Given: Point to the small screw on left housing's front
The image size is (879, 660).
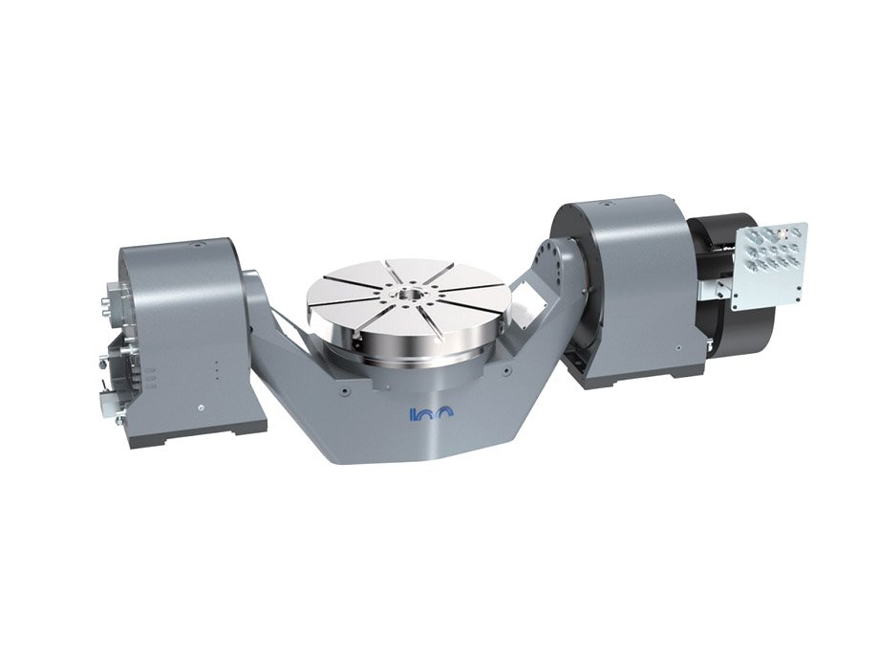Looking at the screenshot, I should point(201,408).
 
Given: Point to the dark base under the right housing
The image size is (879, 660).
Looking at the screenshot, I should point(635,379).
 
